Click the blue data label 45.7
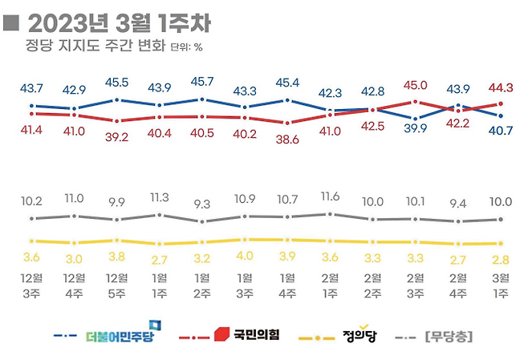[201, 82]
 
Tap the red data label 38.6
[286, 139]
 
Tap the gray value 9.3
[201, 204]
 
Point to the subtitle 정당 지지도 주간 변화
[95, 47]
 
